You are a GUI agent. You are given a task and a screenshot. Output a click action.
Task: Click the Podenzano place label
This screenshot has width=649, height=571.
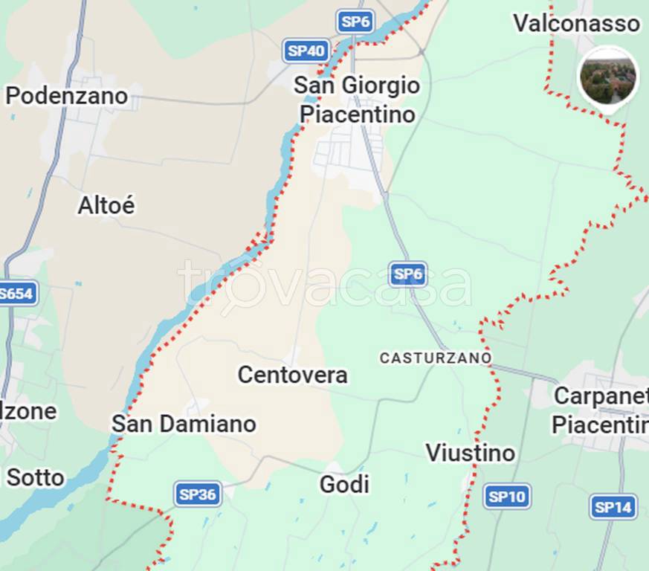point(66,96)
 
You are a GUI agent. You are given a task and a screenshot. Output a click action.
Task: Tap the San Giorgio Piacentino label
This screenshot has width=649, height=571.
point(357,100)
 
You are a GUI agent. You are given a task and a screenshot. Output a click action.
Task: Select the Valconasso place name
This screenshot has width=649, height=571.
point(576,23)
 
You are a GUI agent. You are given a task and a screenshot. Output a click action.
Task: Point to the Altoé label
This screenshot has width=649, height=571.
point(106,205)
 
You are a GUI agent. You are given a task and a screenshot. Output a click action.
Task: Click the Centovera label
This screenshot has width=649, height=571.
point(292,375)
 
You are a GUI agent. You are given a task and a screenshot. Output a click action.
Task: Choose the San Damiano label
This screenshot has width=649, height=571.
point(184,424)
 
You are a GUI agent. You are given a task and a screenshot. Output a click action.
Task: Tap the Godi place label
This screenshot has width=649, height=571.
point(344,485)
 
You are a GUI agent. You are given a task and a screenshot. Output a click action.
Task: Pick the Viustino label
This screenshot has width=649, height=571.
point(470,452)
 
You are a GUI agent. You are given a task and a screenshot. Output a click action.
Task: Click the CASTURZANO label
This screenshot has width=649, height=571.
point(436,358)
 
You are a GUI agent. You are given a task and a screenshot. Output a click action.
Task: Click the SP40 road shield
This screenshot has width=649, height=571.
point(306,51)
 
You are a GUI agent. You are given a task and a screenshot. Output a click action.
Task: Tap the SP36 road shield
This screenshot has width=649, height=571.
point(198,494)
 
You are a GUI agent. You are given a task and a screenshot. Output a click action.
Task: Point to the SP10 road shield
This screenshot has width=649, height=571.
point(507,496)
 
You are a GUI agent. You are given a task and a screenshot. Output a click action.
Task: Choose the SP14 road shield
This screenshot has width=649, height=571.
point(613,507)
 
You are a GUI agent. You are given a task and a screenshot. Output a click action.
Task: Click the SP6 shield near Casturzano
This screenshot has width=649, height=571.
point(408,274)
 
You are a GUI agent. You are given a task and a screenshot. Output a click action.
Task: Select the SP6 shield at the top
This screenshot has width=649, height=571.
point(355,22)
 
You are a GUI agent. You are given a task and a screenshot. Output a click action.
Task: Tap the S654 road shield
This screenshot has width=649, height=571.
point(16,293)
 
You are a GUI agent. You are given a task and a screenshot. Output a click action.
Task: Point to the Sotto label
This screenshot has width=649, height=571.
point(35,477)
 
